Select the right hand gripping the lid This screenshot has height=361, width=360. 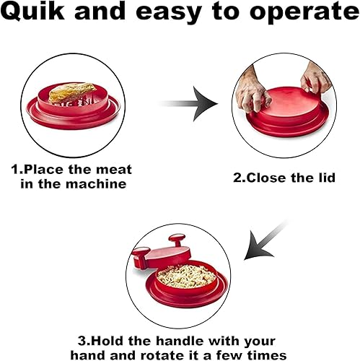click(x=317, y=75)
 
